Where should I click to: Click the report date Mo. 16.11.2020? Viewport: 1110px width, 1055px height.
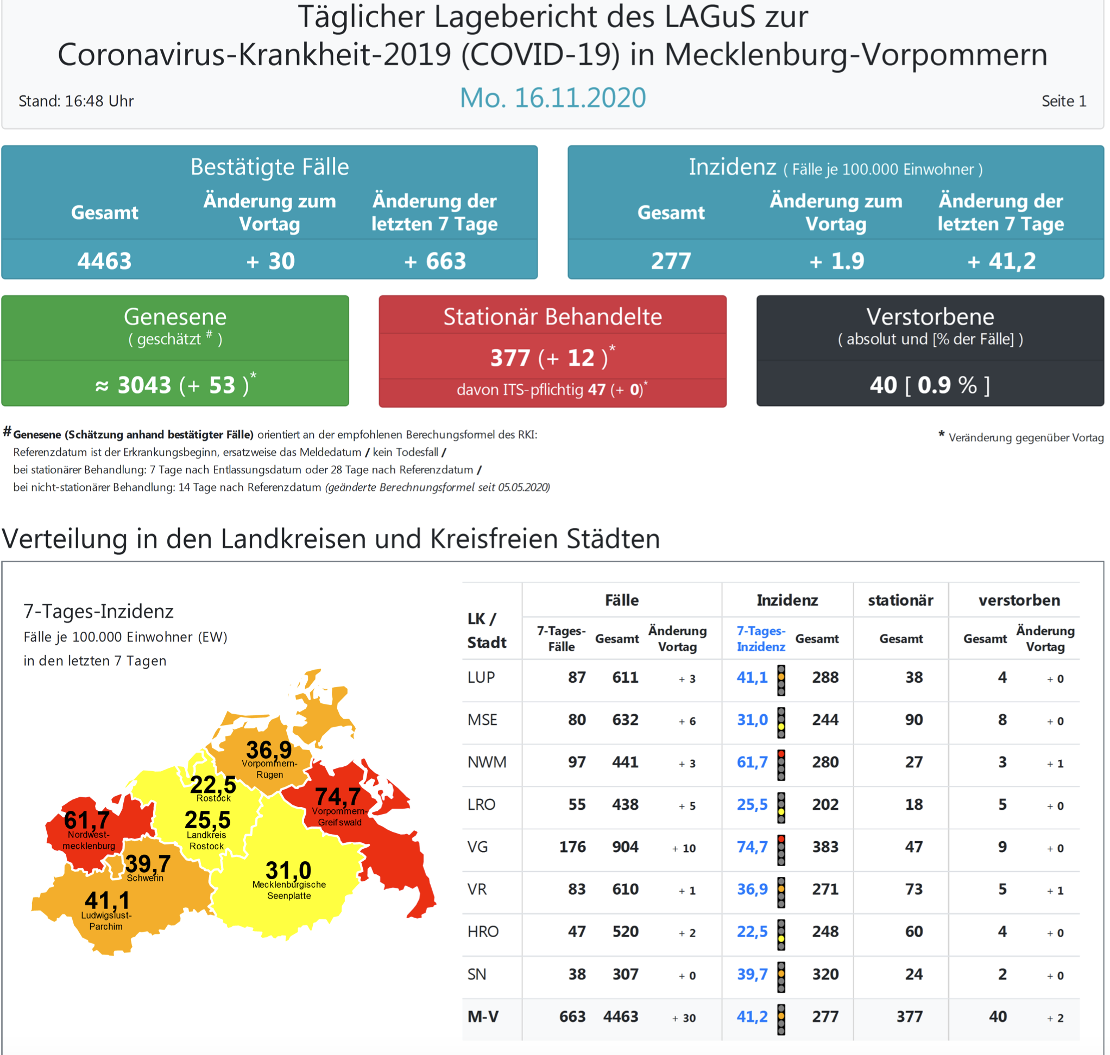tap(552, 98)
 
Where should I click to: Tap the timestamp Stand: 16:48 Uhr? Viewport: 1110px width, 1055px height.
tap(76, 101)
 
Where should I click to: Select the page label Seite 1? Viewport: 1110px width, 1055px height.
tap(1063, 101)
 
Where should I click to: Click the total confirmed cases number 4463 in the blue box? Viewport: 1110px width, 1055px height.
tap(105, 261)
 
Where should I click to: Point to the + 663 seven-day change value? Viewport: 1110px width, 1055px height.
tap(435, 261)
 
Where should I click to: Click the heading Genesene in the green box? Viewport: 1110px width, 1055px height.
tap(175, 316)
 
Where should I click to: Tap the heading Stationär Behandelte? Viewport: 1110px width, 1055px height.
tap(552, 316)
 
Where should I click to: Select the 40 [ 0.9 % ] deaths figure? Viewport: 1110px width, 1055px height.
tap(929, 385)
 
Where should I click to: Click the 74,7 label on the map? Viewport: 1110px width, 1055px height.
tap(338, 796)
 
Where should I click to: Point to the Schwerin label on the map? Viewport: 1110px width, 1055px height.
tap(145, 878)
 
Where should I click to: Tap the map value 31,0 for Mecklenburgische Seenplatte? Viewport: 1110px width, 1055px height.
tap(288, 870)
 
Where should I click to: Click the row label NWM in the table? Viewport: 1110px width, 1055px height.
tap(487, 762)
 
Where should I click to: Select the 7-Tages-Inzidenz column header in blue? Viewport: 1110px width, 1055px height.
tap(761, 638)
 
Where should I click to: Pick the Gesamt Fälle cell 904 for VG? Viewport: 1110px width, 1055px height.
tap(625, 847)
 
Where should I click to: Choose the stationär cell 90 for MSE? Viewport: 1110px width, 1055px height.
tap(913, 720)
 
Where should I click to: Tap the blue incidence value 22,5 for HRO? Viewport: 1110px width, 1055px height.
tap(752, 932)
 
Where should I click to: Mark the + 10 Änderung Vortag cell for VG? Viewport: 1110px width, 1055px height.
tap(684, 848)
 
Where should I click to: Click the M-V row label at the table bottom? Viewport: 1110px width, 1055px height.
tap(483, 1017)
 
